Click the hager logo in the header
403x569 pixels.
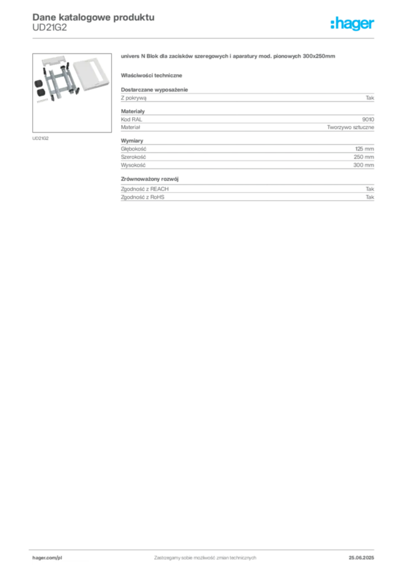tap(352, 24)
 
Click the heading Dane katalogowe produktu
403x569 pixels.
tap(94, 17)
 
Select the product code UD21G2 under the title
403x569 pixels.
tap(50, 28)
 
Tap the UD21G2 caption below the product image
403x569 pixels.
tap(40, 138)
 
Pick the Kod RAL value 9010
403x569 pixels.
tap(368, 119)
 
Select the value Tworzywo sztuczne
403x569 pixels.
tap(350, 127)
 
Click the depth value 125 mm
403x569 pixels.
tap(365, 149)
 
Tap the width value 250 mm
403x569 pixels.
tap(363, 157)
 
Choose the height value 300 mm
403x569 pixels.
tap(363, 165)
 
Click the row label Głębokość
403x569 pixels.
tap(134, 149)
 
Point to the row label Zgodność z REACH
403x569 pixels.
tap(145, 189)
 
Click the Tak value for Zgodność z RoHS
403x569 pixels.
tap(370, 197)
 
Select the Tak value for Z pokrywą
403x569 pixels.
tap(370, 98)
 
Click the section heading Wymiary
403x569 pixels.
tap(132, 141)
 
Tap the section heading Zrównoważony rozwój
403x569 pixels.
tap(150, 179)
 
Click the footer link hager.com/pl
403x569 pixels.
tap(47, 558)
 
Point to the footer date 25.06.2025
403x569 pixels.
tap(361, 558)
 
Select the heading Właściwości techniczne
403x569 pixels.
tap(151, 76)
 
